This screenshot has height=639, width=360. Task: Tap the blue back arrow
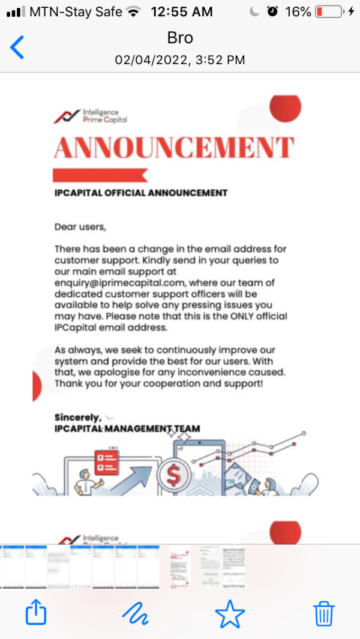[17, 47]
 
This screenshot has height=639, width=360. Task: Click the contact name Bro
[180, 38]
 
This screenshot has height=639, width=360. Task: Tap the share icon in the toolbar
[36, 613]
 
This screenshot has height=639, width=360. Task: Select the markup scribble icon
[134, 613]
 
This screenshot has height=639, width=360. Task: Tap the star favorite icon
[230, 613]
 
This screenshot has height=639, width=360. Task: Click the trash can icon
[324, 613]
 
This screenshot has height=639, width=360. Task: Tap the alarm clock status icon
[273, 11]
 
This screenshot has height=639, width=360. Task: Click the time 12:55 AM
[182, 11]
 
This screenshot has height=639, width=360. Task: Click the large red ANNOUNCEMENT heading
[174, 148]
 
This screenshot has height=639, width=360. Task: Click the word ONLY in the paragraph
[239, 316]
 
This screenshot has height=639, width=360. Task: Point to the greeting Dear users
[80, 227]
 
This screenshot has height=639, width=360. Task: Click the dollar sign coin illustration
[173, 476]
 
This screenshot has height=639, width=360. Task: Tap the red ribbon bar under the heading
[100, 175]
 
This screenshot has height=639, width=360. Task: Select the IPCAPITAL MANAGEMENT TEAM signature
[127, 429]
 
